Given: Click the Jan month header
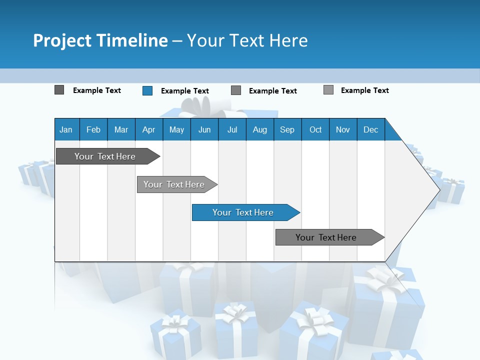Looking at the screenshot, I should [x=66, y=129].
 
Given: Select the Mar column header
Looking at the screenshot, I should [x=121, y=129].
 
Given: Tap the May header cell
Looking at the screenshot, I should [x=176, y=129].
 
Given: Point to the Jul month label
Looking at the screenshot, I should [x=232, y=129].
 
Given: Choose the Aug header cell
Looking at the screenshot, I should [x=259, y=129].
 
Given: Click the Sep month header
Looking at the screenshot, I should [x=287, y=129].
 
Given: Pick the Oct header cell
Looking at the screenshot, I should [x=315, y=129].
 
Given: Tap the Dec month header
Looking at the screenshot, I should [x=370, y=129].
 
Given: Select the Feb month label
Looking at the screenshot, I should [x=93, y=129].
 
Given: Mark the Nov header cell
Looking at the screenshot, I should [x=343, y=129].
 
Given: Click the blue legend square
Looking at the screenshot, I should [x=147, y=90].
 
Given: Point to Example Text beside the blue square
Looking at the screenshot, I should [x=184, y=91].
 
